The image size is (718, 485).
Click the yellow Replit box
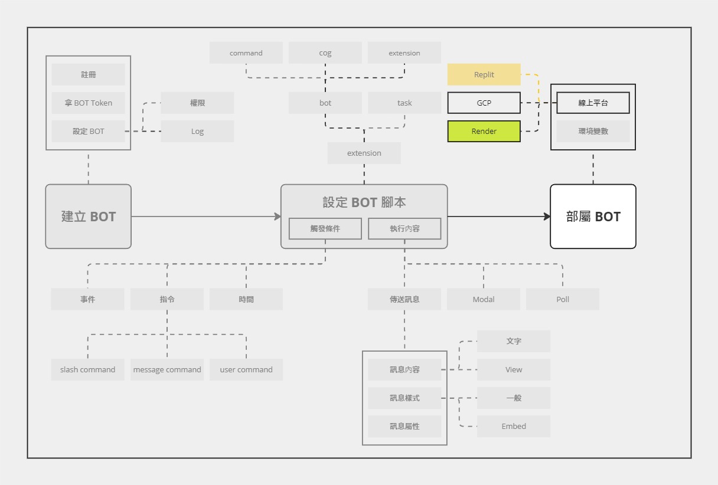coord(484,74)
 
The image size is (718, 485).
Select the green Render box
coord(484,131)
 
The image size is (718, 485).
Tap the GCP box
coord(484,103)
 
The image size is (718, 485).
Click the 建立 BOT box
coord(88,216)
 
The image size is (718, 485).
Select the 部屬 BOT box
coord(593,216)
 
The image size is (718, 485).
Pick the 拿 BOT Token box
coord(88,103)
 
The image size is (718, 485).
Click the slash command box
coord(87,369)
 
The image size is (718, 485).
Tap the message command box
coord(167,369)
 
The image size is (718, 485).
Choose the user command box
coord(246,369)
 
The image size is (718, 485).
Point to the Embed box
coord(514,426)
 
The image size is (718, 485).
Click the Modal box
coord(484,299)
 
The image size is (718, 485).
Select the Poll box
coord(563,299)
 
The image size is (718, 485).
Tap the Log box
coord(197,131)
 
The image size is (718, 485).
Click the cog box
coord(325,53)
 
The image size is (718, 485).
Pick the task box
coord(404,103)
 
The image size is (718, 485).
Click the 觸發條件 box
coord(325,228)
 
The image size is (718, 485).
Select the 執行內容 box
coord(404,228)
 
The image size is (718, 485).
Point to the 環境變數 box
coord(593,131)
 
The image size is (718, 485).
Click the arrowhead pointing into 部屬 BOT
coord(547,217)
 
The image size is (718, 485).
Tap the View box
coord(514,369)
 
